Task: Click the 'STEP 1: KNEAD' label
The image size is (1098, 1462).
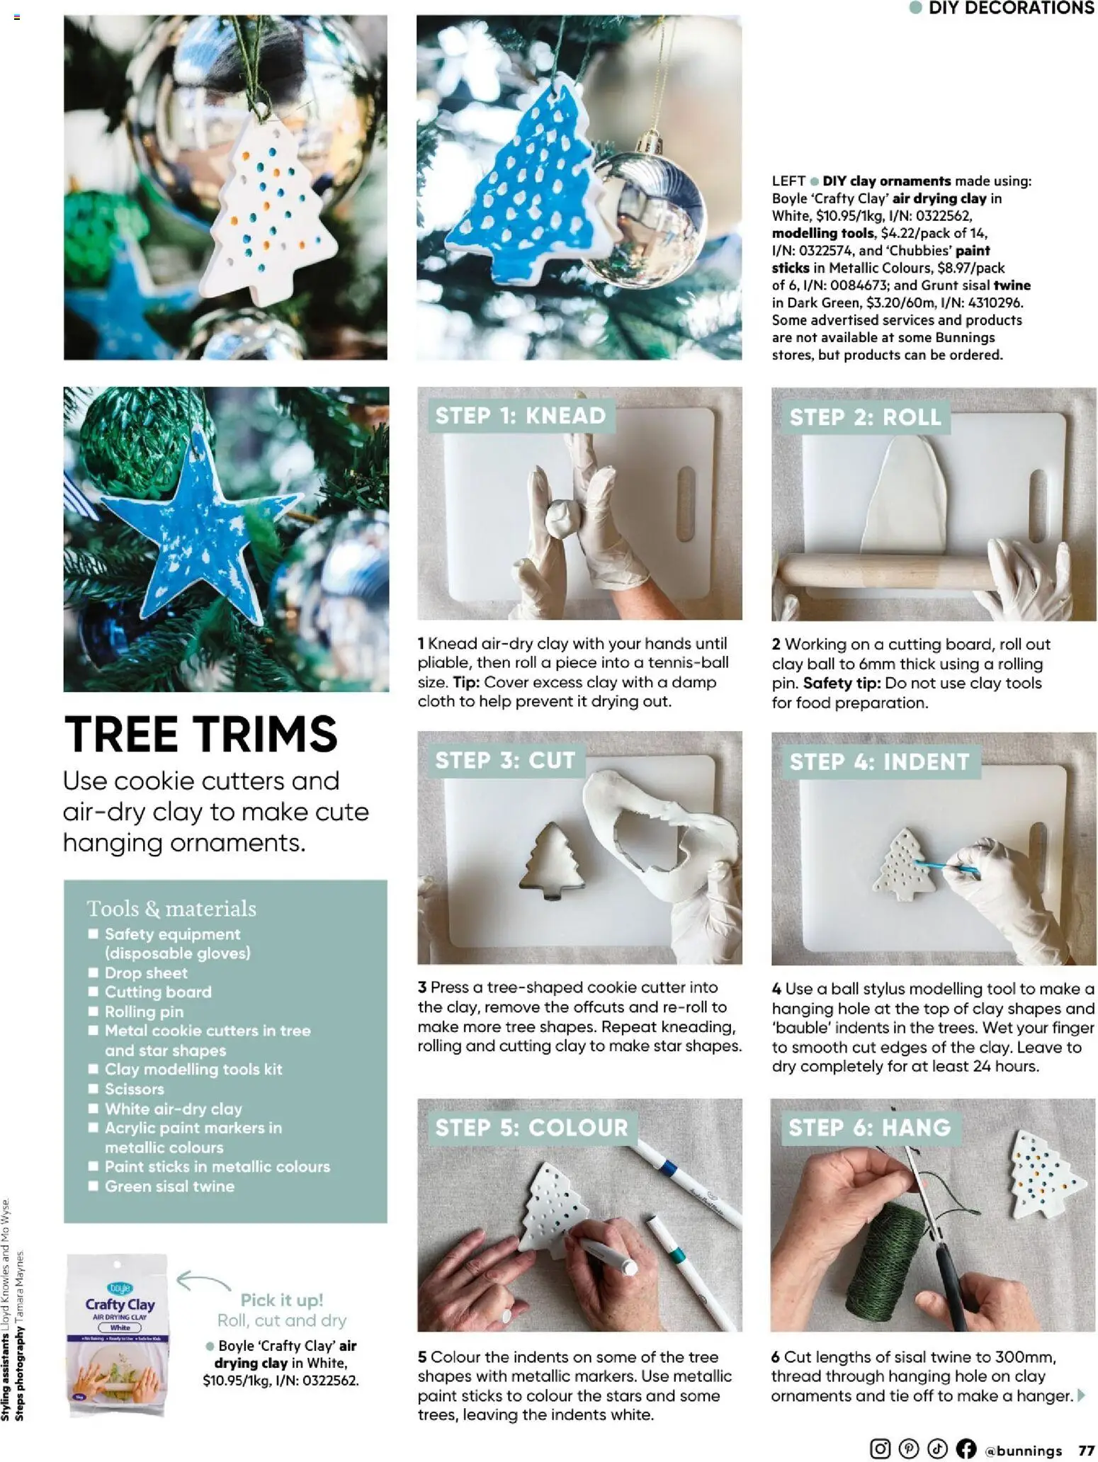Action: [x=520, y=415]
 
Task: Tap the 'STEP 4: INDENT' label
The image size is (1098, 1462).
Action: [x=879, y=761]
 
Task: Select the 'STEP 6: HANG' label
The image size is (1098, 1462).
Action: [x=869, y=1127]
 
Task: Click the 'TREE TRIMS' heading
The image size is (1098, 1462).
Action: [x=200, y=734]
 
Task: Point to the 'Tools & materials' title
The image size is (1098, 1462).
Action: [x=171, y=909]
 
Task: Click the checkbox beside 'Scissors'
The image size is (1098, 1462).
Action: [x=93, y=1089]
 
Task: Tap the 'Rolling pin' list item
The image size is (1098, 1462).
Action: [x=144, y=1011]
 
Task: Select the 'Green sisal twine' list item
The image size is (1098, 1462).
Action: [x=169, y=1186]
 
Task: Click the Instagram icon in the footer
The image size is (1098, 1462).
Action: [x=879, y=1449]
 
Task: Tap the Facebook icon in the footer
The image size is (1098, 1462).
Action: [x=966, y=1449]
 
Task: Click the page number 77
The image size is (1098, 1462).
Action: [x=1086, y=1450]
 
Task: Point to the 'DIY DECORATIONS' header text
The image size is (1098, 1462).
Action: [x=1010, y=8]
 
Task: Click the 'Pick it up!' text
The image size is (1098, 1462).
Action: [x=281, y=1300]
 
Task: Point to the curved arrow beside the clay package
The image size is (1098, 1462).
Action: [x=203, y=1281]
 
